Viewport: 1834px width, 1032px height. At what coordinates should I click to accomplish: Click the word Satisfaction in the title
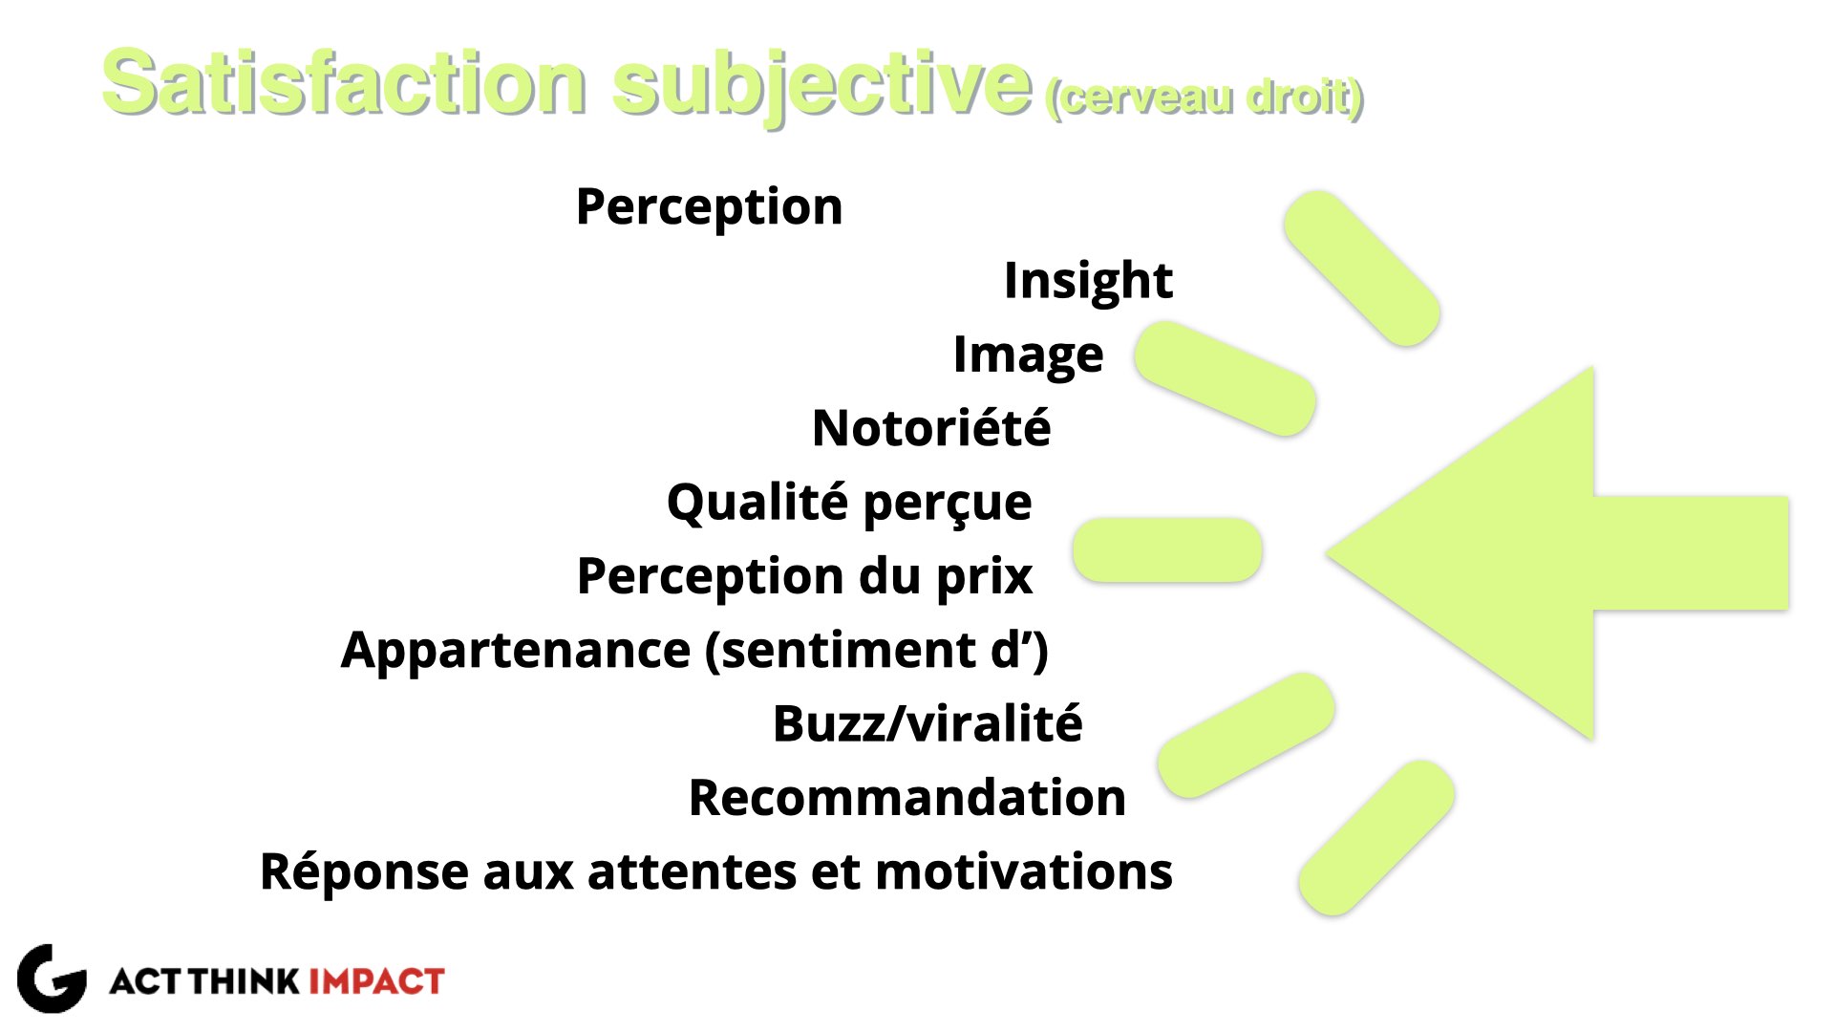(344, 83)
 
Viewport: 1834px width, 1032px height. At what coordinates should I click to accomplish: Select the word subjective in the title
(822, 86)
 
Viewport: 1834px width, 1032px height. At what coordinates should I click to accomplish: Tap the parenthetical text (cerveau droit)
(1205, 98)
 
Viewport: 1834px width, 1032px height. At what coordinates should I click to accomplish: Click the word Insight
(1088, 281)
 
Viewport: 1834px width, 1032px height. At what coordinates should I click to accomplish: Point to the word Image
(1028, 355)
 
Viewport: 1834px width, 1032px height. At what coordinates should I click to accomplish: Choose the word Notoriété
(931, 427)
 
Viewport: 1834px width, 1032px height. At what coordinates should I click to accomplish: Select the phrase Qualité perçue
(849, 503)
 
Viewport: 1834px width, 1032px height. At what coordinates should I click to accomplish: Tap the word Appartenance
(516, 651)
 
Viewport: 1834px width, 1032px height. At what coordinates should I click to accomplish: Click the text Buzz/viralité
(928, 723)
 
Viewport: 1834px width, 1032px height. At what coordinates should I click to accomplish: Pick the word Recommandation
(907, 798)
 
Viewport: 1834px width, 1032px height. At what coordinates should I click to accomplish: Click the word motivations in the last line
(1023, 871)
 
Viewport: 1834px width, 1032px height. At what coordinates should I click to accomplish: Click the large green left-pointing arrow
(1557, 553)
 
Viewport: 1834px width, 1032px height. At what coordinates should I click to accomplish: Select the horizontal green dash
(1167, 550)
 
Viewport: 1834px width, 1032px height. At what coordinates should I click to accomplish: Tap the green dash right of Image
(1226, 378)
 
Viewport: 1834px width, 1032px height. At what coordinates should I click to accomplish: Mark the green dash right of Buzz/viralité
(1246, 735)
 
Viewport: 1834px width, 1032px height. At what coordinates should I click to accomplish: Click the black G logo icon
(52, 978)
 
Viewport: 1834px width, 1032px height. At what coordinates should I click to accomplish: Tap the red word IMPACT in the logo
(376, 981)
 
